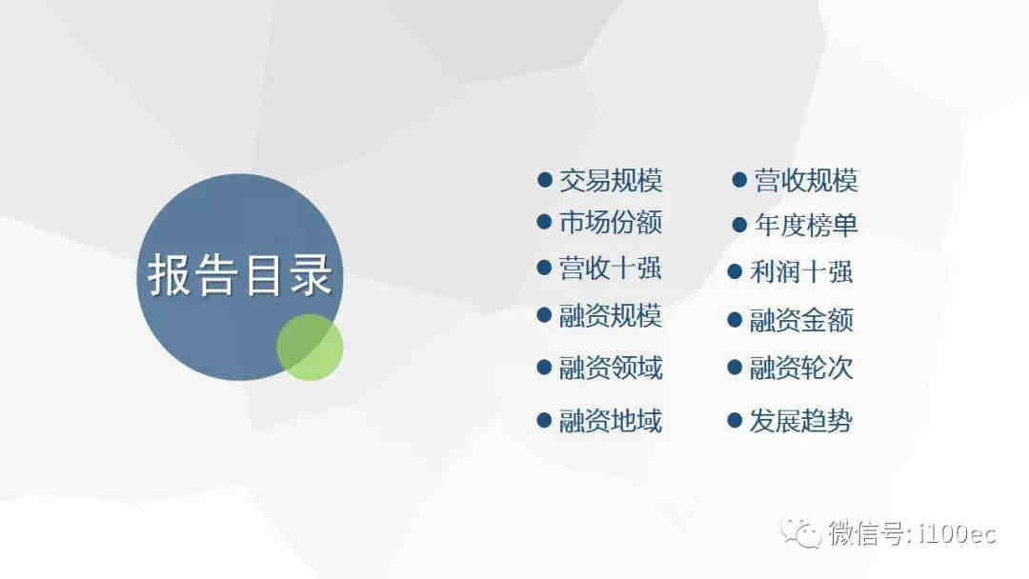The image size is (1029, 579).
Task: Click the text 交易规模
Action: [x=611, y=180]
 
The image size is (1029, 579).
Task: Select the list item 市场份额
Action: [x=611, y=223]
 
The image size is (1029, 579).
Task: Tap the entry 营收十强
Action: [x=611, y=269]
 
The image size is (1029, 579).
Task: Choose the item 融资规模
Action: [x=611, y=316]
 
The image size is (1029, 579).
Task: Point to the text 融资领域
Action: [x=611, y=368]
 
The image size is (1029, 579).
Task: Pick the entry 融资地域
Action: [x=611, y=421]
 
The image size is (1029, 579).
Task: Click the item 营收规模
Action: [x=806, y=180]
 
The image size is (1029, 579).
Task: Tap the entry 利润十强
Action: [x=801, y=271]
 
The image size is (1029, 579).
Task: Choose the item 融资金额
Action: [x=801, y=321]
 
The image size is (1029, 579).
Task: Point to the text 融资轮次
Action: [x=801, y=368]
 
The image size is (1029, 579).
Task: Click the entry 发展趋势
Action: [x=801, y=421]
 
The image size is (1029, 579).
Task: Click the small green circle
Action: [x=310, y=348]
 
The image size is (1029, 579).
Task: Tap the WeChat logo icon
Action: [x=800, y=532]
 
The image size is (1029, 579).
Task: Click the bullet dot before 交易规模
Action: [x=544, y=180]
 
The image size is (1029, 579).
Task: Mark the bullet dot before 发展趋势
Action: [x=735, y=420]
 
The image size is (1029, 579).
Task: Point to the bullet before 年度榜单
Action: [x=739, y=226]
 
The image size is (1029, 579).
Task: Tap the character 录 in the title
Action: [x=311, y=275]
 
